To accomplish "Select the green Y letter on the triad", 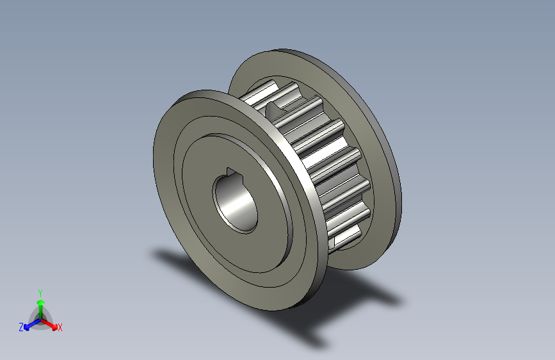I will click(40, 291).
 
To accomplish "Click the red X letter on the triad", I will click(60, 328).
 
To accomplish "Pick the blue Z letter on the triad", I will click(21, 327).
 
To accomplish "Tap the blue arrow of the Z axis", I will click(29, 324).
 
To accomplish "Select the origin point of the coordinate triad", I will click(40, 318).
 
